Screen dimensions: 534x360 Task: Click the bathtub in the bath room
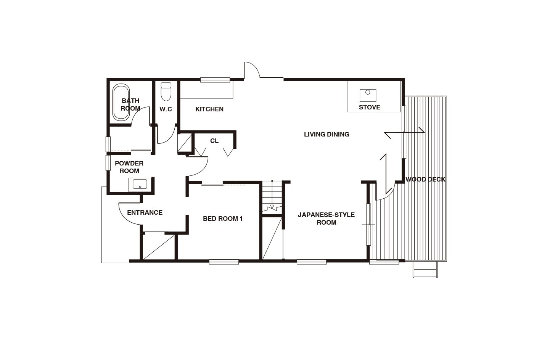(x=121, y=101)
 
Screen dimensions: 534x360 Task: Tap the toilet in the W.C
(x=166, y=92)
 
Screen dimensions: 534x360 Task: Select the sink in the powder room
(x=140, y=184)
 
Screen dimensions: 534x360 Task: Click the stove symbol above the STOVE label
(x=368, y=95)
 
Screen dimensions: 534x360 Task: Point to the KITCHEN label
(x=209, y=109)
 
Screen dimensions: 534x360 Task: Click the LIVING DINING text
(x=327, y=134)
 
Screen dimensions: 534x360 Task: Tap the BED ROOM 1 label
(x=223, y=219)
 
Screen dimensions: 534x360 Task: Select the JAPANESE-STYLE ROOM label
(x=327, y=219)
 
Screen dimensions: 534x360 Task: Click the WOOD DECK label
(x=425, y=179)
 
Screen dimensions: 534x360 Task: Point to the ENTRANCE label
(x=145, y=212)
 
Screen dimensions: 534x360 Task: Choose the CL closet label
(x=214, y=141)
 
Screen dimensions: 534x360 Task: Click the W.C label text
(x=166, y=109)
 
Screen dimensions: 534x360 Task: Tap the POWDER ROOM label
(x=129, y=167)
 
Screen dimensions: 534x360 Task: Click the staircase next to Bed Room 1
(x=272, y=197)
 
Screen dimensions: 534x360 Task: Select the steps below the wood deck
(x=425, y=269)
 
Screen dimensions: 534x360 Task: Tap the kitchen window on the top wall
(x=215, y=80)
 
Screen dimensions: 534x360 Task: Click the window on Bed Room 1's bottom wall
(x=224, y=262)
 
